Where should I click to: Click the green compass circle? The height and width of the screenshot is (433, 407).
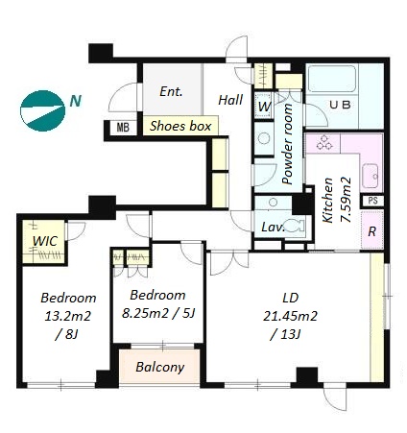coord(42,110)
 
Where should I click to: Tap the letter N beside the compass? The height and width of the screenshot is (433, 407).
coord(76,101)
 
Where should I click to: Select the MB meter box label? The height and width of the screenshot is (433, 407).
coord(123,128)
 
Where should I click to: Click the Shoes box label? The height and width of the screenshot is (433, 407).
coord(180,126)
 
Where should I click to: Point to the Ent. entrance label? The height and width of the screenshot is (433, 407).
coord(171,92)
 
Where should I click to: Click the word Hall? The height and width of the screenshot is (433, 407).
coord(230,100)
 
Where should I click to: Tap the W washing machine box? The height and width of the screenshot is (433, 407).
coord(264,106)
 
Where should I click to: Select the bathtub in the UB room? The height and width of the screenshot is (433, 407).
coord(331,79)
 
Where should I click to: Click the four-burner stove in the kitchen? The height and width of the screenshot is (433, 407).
coord(323,142)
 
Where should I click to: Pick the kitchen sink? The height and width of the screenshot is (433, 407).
coord(371,176)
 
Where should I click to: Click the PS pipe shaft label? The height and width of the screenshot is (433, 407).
coord(373,201)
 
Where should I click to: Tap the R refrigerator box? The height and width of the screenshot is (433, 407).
coord(372,229)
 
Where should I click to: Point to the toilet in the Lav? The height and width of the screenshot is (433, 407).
coord(294,226)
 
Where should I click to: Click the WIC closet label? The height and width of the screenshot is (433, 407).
coord(45,241)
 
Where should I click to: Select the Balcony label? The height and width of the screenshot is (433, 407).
coord(160,367)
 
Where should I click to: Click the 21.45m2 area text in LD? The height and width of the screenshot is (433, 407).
coord(290,316)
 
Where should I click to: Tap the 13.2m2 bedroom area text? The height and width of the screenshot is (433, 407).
coord(68,316)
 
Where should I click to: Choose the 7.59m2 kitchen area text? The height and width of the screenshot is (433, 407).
coord(346,200)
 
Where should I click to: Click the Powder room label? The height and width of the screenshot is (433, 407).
coord(288,144)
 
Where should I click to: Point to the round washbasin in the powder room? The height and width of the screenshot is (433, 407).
coord(264,139)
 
